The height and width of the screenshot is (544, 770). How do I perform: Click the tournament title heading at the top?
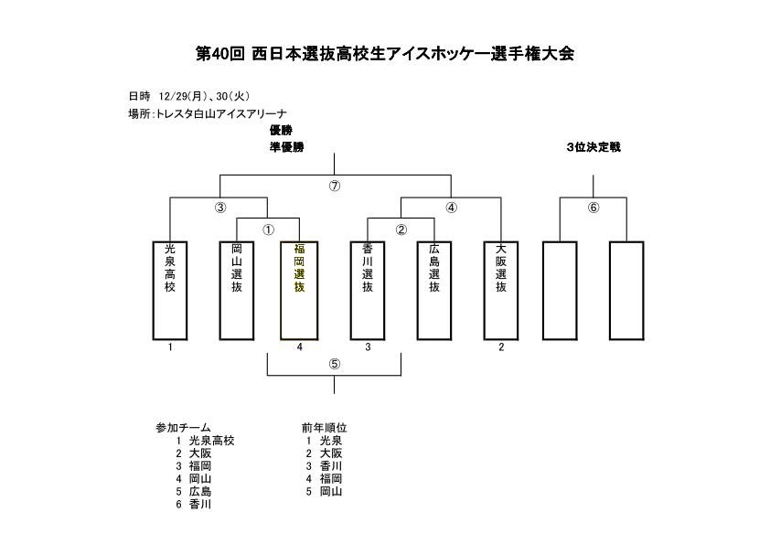385,53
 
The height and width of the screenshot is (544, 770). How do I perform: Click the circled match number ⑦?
335,186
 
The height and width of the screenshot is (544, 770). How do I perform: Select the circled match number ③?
219,208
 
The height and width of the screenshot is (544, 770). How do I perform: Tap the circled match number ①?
269,229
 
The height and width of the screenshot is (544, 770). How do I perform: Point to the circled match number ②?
401,229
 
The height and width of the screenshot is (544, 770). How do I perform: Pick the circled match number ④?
451,208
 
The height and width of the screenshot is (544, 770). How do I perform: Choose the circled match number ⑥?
593,208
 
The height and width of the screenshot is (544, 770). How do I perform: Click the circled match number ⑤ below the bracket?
335,363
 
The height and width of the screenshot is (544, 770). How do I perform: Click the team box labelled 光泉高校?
170,289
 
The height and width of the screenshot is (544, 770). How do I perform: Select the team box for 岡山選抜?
237,289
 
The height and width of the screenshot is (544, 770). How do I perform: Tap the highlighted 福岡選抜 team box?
299,289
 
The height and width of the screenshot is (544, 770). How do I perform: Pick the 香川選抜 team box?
368,289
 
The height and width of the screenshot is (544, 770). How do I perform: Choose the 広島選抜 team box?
433,289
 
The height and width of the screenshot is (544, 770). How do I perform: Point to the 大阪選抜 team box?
500,289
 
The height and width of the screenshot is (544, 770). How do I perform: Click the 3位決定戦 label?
593,146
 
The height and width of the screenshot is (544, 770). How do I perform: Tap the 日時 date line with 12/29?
188,96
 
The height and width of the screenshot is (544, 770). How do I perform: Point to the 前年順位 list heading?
324,427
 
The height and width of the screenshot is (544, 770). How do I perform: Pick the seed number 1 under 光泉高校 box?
170,347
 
